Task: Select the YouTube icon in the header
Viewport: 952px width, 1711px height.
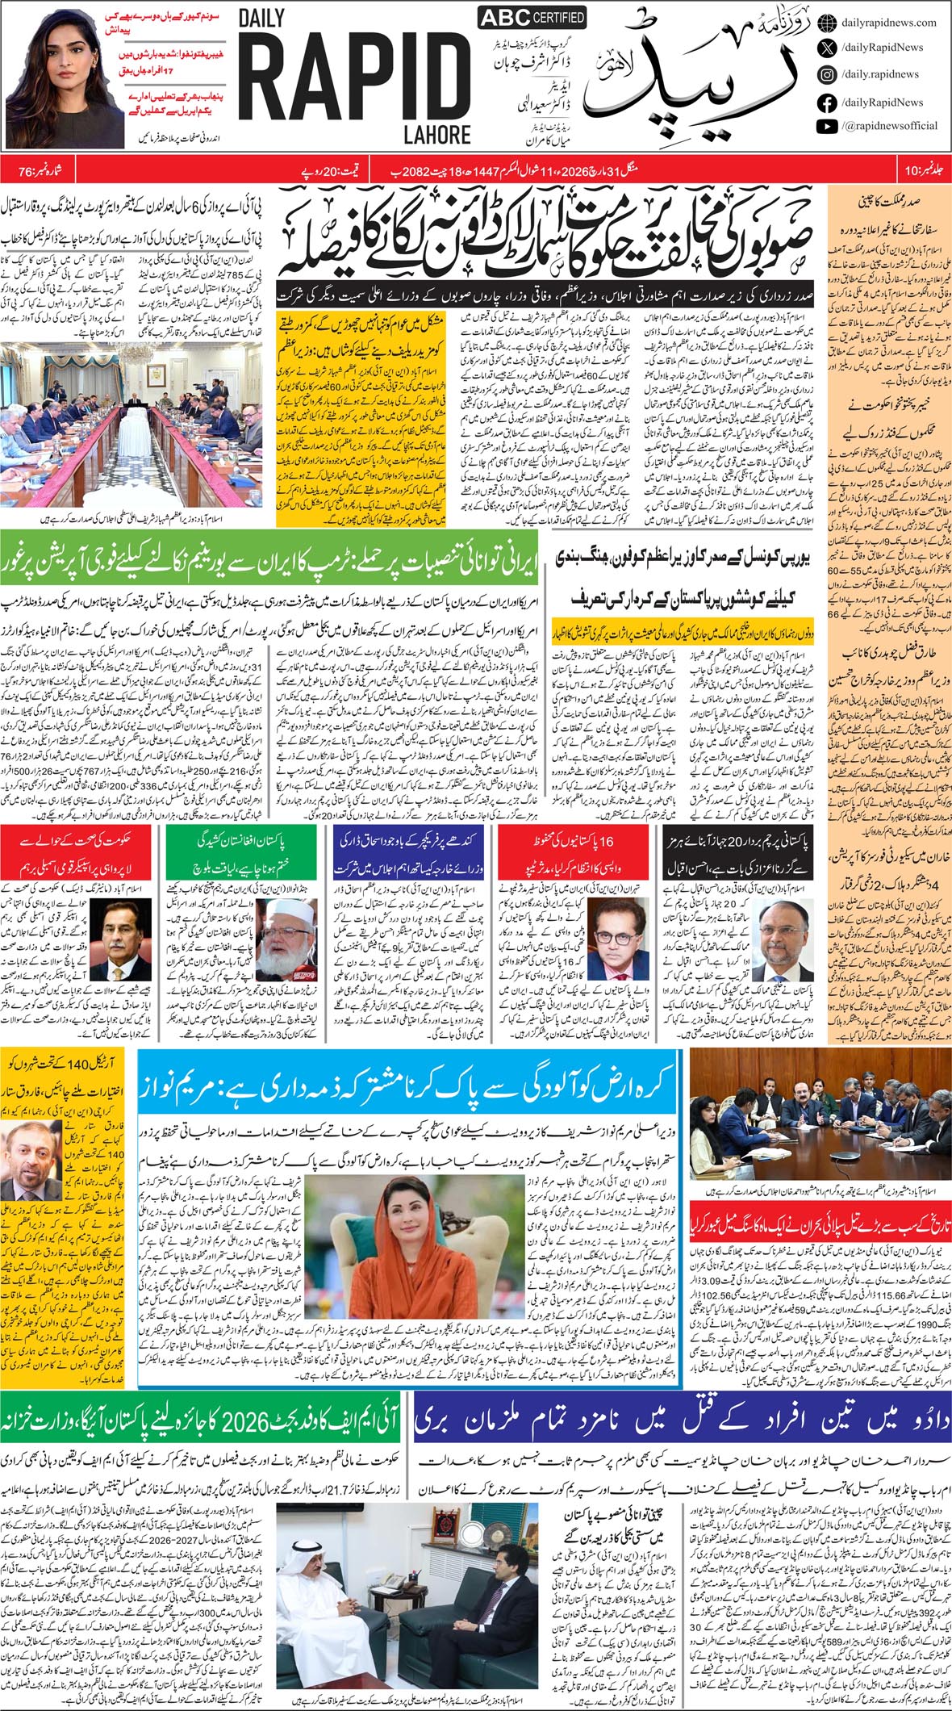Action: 826,126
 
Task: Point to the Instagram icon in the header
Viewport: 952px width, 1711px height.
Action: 826,74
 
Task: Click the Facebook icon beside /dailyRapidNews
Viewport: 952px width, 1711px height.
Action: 826,102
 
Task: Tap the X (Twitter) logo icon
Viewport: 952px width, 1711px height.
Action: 826,48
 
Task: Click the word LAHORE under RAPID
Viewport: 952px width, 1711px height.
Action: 437,133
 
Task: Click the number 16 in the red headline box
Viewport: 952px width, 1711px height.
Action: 607,841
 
